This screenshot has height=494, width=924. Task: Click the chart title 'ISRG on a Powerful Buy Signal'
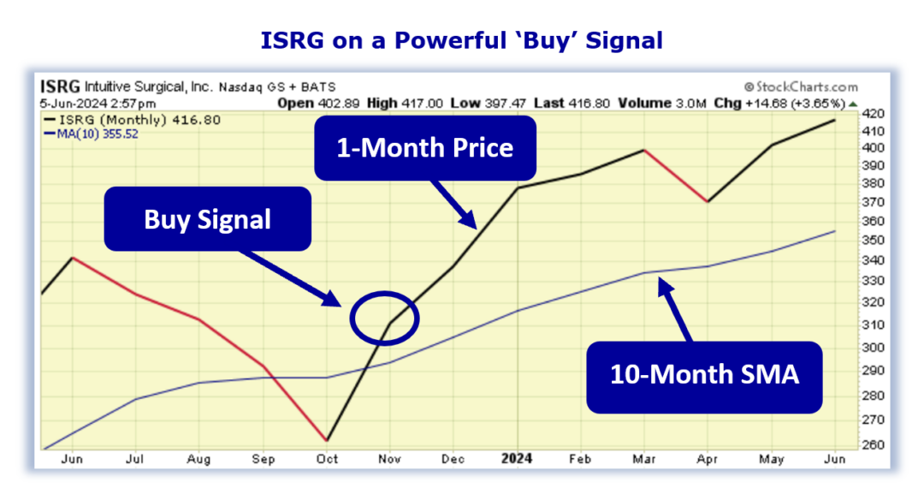tap(462, 40)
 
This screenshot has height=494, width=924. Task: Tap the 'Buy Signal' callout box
tap(207, 219)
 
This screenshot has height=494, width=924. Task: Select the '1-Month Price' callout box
tap(425, 148)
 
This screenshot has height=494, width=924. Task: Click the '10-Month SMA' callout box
tap(703, 374)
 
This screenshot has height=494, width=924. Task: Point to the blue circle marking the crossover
tap(385, 318)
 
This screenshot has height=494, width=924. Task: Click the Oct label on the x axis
tap(327, 460)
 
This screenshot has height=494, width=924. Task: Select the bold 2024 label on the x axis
tap(518, 459)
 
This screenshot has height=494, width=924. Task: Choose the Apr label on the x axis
tap(708, 460)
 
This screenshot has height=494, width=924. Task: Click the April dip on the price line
tap(708, 201)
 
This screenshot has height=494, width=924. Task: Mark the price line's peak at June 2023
tap(74, 257)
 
